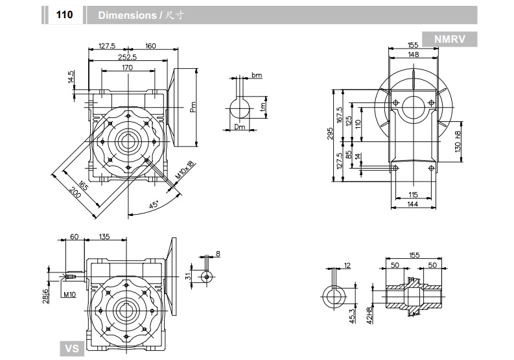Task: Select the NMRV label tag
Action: [449, 39]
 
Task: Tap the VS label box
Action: [73, 349]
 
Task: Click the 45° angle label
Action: [154, 205]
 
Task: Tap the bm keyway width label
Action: [257, 76]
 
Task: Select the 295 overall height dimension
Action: [331, 134]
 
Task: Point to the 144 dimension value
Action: [413, 204]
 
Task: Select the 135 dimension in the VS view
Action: [104, 237]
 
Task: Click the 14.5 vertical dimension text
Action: [71, 77]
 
